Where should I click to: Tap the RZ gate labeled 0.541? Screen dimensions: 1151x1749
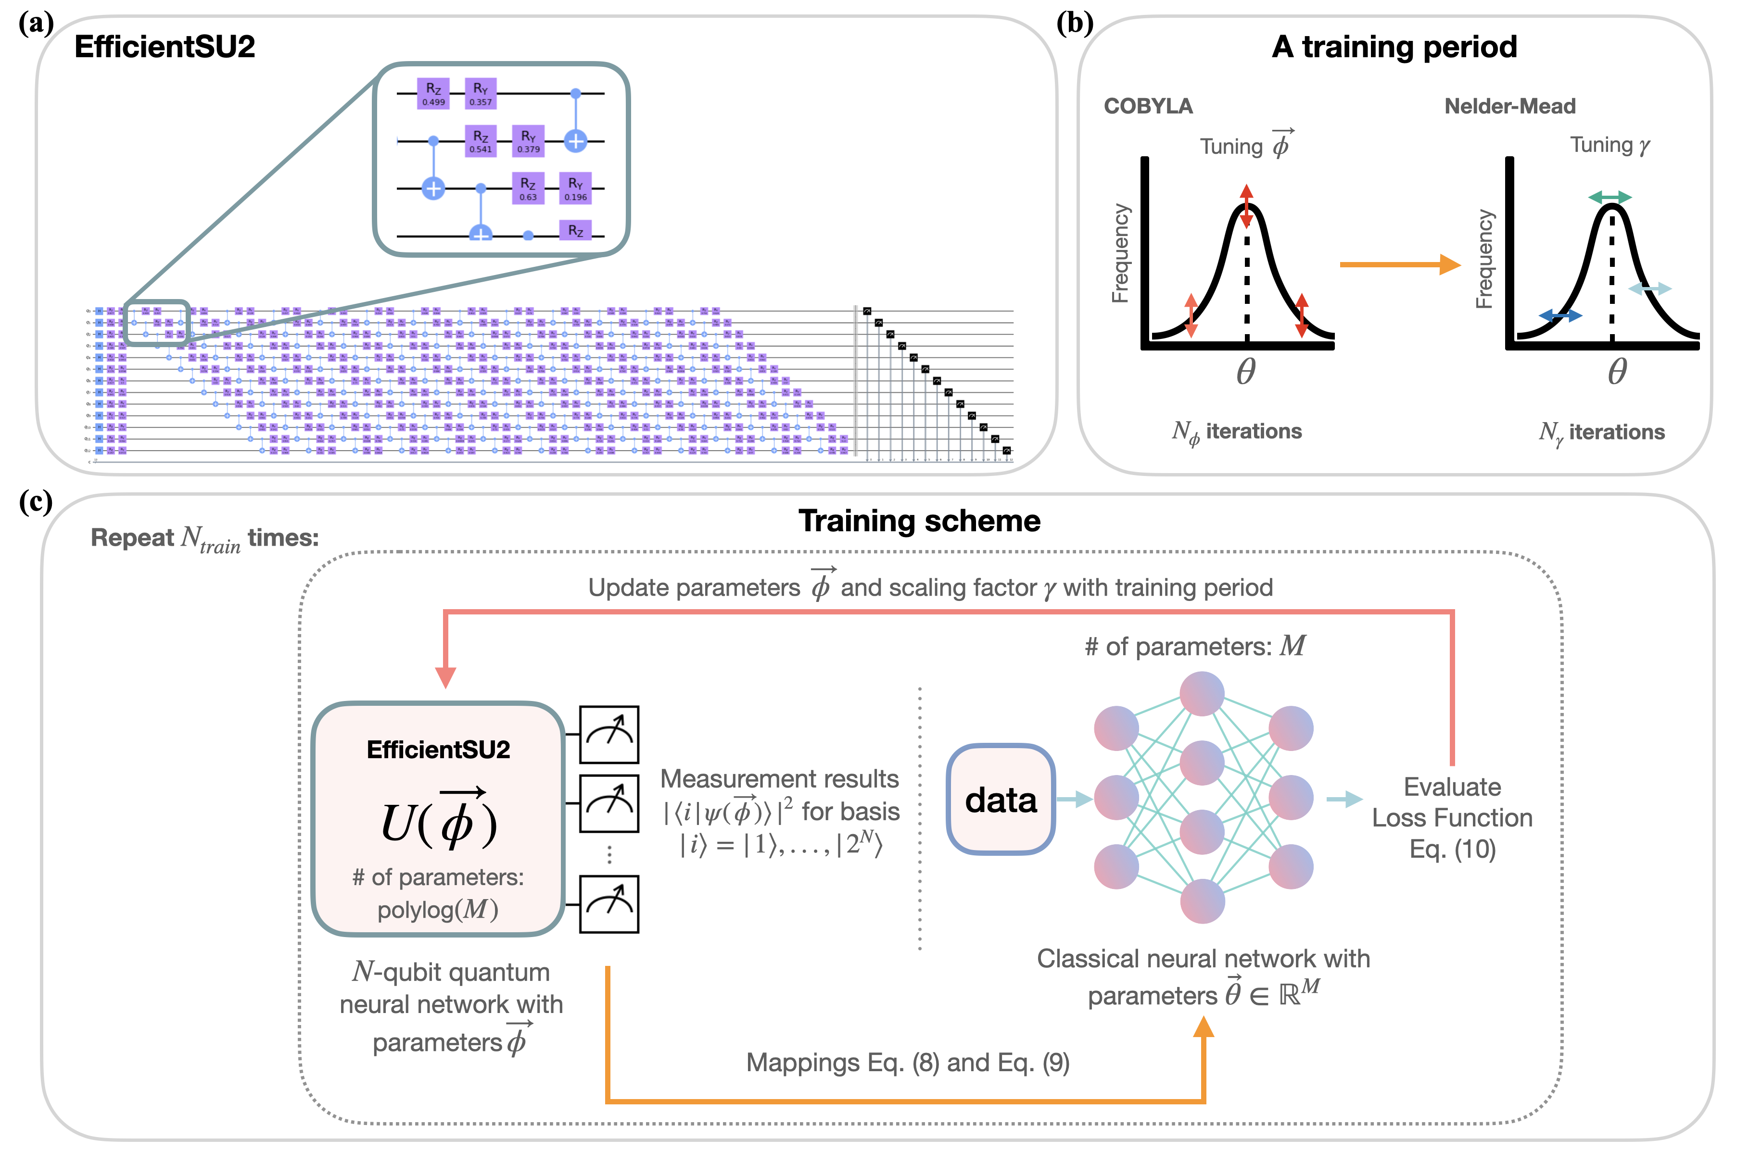tap(481, 141)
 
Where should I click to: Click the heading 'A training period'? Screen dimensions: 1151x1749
tap(1394, 47)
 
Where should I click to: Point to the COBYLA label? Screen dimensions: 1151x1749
tap(1148, 107)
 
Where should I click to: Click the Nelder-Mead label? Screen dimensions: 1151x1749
tap(1510, 107)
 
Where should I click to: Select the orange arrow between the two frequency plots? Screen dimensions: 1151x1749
tap(1399, 264)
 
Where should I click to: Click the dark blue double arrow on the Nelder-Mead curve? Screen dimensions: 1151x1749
tap(1560, 316)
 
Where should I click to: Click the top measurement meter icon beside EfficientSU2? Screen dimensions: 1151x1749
tap(609, 735)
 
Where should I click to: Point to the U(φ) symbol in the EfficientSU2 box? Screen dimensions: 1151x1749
tap(439, 821)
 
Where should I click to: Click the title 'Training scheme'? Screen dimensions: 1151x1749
tap(919, 521)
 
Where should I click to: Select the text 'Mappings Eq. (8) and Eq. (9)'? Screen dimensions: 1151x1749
tap(908, 1062)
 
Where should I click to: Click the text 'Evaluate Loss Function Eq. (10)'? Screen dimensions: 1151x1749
tap(1452, 817)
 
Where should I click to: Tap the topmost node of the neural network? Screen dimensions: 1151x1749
tap(1202, 693)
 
